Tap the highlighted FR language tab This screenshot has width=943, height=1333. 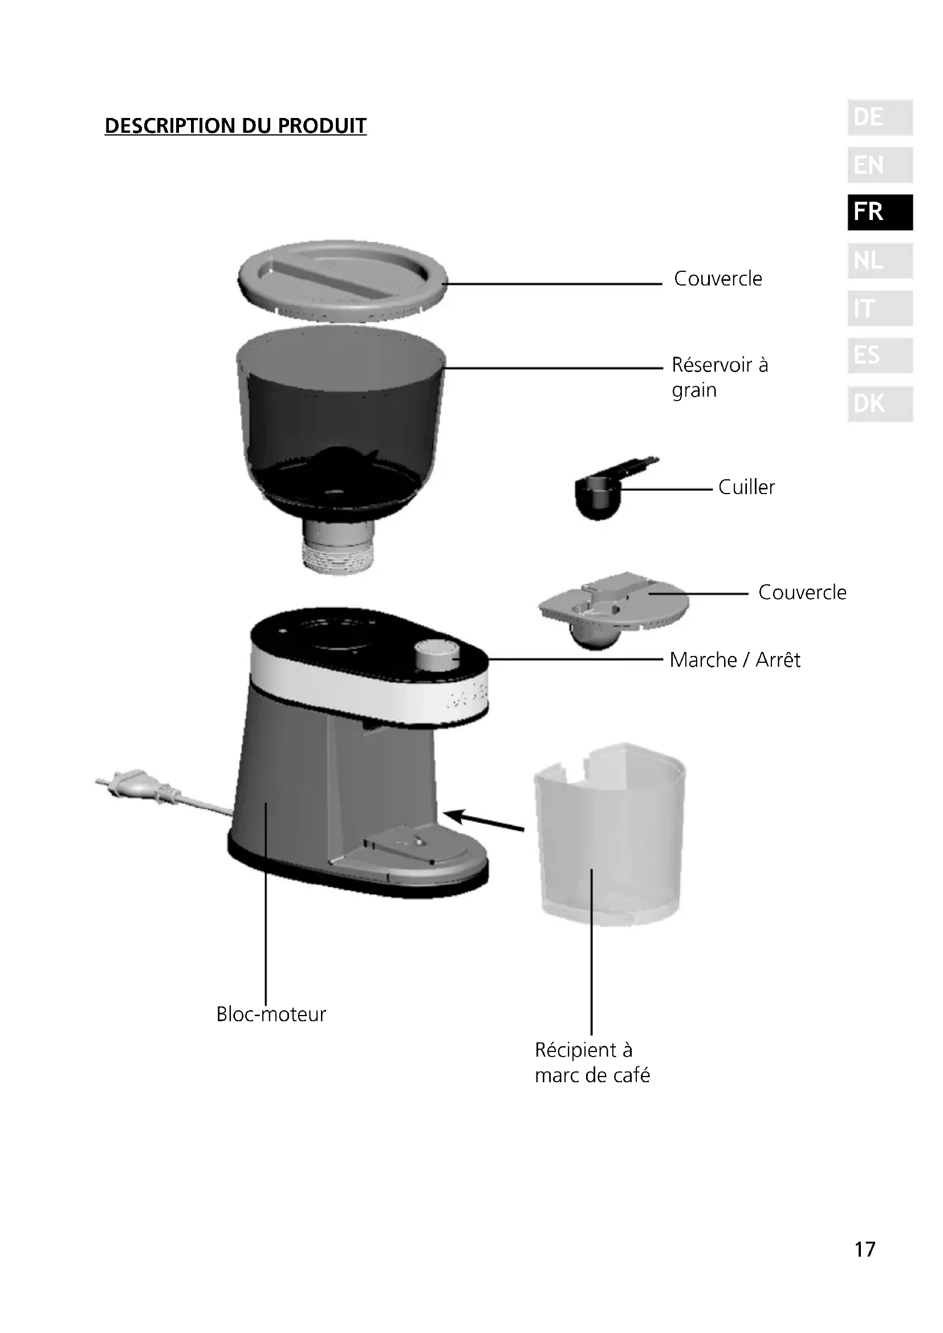point(880,212)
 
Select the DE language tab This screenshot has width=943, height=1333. point(880,118)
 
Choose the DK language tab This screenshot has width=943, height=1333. point(880,403)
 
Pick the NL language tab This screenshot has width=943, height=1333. point(880,260)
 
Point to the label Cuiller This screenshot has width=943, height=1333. point(746,487)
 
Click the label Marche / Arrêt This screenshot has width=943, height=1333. point(734,660)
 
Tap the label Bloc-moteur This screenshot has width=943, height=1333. point(271,1014)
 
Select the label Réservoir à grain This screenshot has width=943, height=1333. point(720,377)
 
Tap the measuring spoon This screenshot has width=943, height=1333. point(601,494)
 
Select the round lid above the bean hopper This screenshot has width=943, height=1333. point(343,280)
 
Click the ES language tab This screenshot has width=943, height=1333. point(880,355)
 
